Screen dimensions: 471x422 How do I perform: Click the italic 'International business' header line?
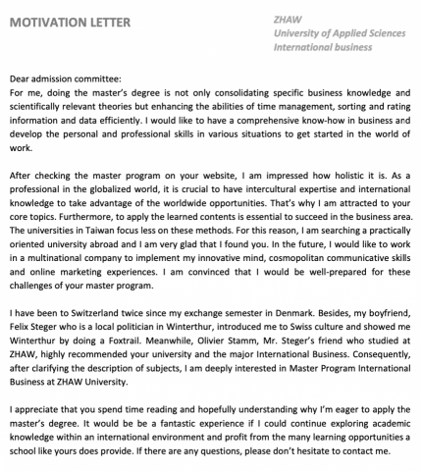pyautogui.click(x=323, y=46)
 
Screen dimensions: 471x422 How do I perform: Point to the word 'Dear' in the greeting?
pyautogui.click(x=21, y=78)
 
